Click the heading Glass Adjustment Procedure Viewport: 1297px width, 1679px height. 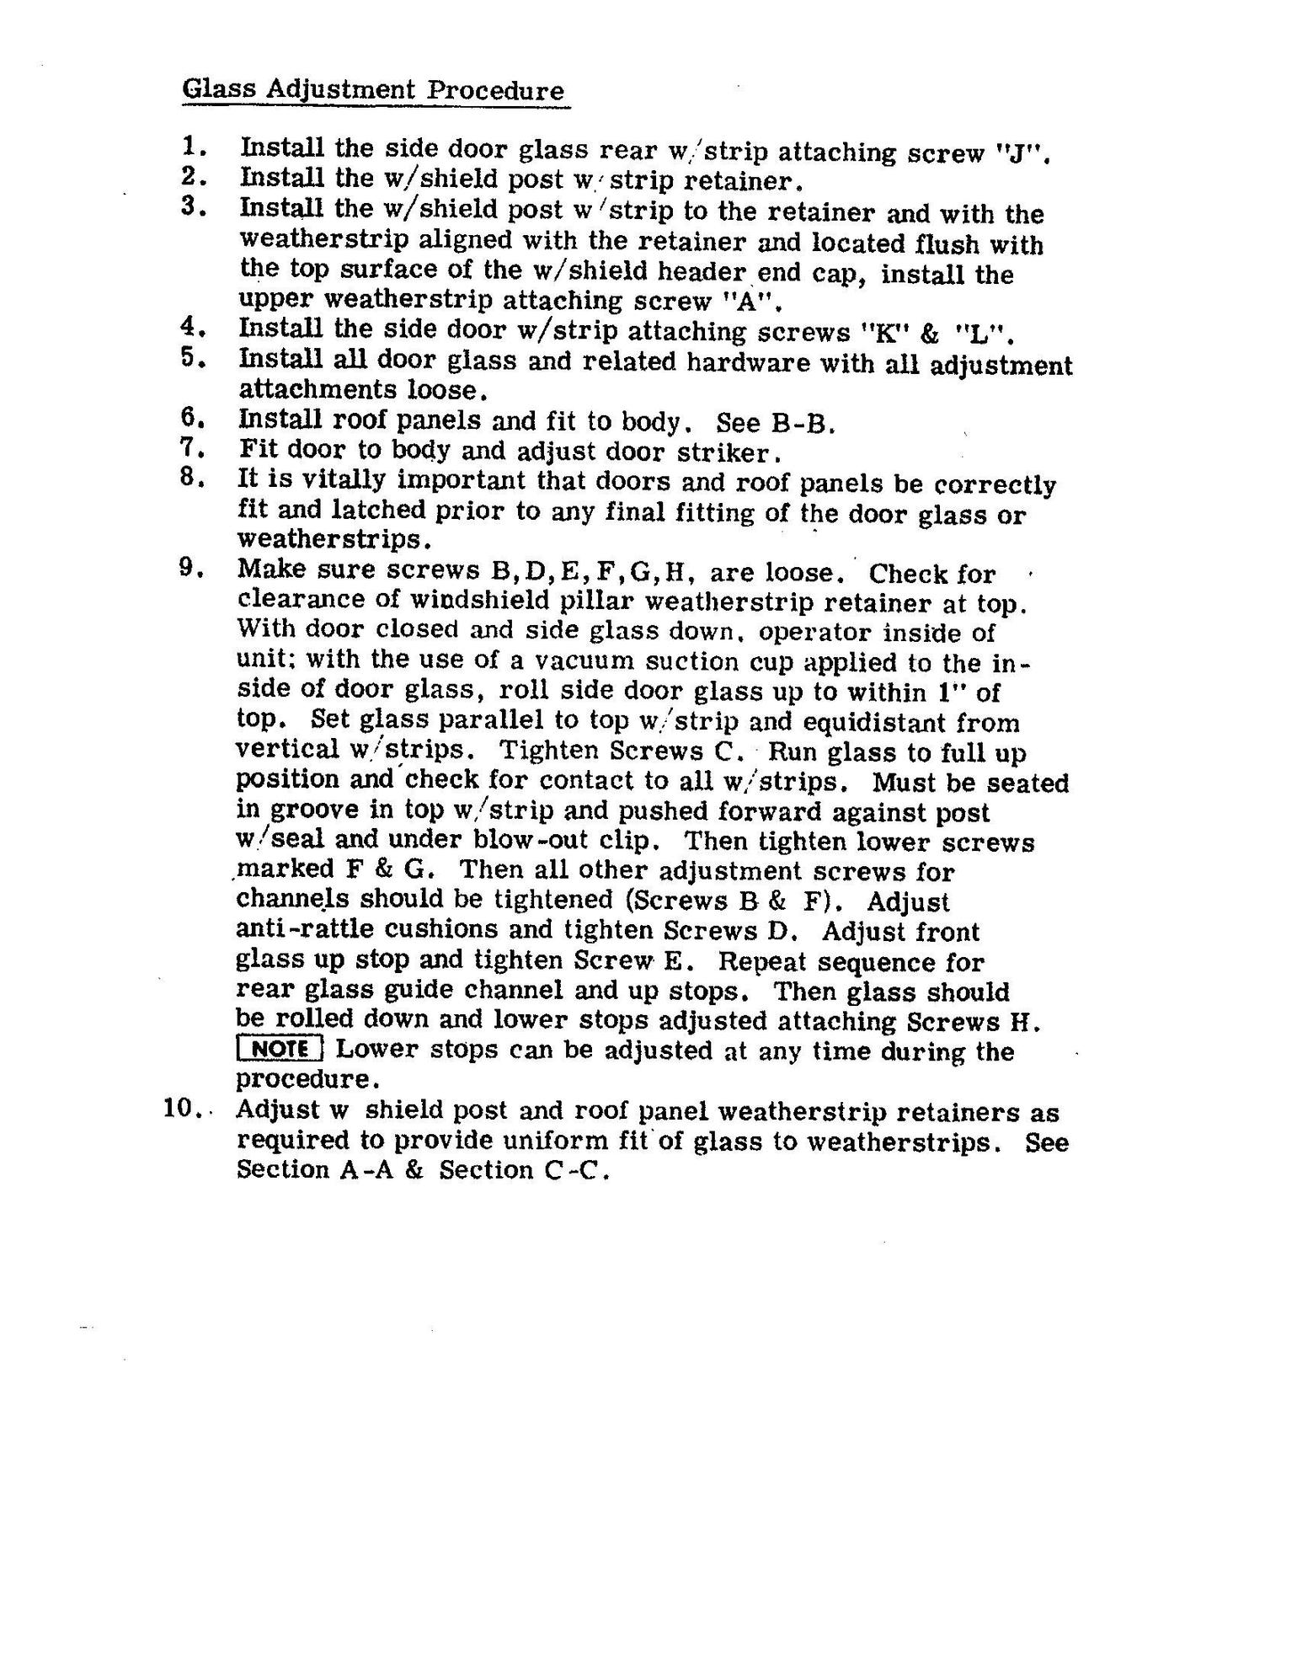(373, 90)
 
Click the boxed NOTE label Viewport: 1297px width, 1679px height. (280, 1050)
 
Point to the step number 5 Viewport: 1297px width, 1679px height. (193, 358)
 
